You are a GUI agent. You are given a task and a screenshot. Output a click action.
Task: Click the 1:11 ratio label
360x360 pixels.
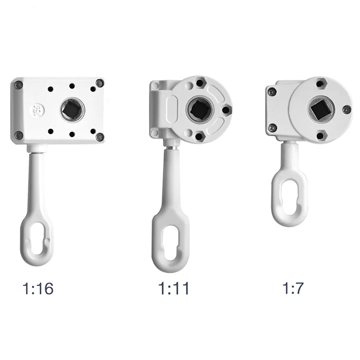click(173, 289)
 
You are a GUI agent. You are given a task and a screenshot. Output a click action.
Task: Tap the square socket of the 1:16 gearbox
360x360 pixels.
click(72, 110)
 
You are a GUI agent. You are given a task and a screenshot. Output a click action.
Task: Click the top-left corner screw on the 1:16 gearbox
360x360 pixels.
click(18, 85)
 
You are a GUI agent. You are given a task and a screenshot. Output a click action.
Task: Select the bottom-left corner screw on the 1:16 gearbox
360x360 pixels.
click(19, 135)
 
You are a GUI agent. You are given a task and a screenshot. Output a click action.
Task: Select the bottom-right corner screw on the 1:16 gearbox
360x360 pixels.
click(99, 137)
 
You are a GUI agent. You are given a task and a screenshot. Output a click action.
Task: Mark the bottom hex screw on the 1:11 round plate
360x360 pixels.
click(199, 137)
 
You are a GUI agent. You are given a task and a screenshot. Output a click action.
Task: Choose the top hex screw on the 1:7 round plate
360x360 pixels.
click(320, 84)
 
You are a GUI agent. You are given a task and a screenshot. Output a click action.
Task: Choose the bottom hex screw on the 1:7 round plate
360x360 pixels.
click(320, 135)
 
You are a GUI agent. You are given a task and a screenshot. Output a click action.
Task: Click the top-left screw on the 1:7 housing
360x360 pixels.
click(272, 92)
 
